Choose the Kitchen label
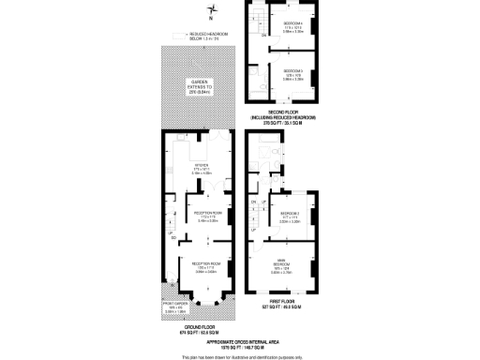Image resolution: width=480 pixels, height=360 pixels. [202, 168]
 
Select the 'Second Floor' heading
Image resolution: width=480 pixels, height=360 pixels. [282, 114]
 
